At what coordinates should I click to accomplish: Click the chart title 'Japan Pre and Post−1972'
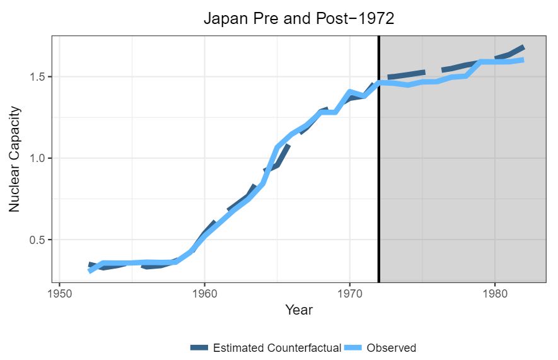pyautogui.click(x=299, y=18)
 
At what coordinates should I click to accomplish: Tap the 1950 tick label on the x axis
pyautogui.click(x=59, y=294)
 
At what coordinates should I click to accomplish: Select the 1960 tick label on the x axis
pyautogui.click(x=204, y=294)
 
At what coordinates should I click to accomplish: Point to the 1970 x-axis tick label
pyautogui.click(x=349, y=294)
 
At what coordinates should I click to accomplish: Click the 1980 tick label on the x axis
pyautogui.click(x=494, y=294)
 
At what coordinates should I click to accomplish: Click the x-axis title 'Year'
pyautogui.click(x=299, y=310)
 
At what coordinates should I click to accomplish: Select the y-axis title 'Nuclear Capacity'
pyautogui.click(x=15, y=158)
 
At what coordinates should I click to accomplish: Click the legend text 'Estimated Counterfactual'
pyautogui.click(x=277, y=347)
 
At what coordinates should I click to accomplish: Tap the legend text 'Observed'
pyautogui.click(x=391, y=347)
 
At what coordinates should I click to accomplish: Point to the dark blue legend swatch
pyautogui.click(x=199, y=347)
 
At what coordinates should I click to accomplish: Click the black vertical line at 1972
pyautogui.click(x=378, y=158)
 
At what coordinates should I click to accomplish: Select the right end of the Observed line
pyautogui.click(x=523, y=61)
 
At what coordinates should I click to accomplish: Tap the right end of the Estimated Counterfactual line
pyautogui.click(x=523, y=47)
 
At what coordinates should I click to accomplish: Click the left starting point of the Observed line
pyautogui.click(x=89, y=270)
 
